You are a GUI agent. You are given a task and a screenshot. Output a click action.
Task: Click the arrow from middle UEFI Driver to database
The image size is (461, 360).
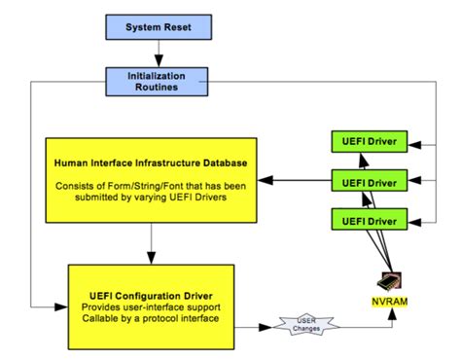tap(297, 181)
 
